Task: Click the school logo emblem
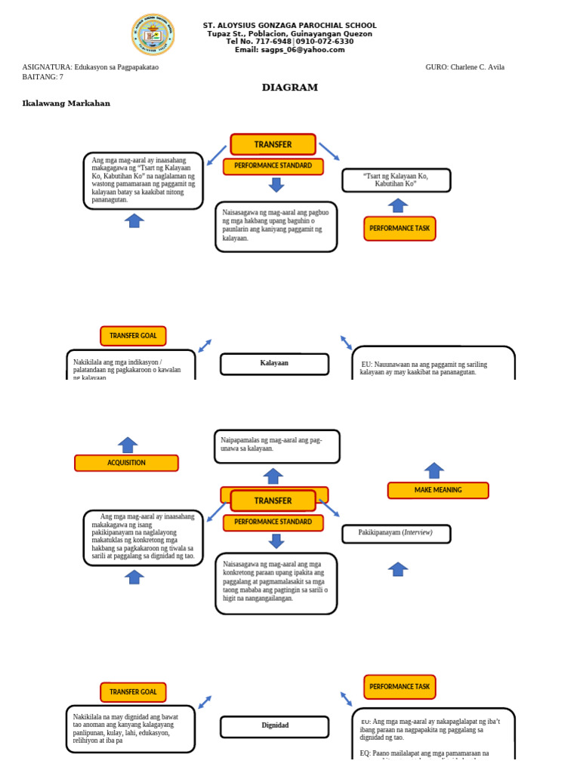click(x=153, y=34)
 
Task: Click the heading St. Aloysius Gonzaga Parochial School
click(x=289, y=26)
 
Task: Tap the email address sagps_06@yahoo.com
click(x=289, y=50)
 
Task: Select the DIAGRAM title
click(x=290, y=88)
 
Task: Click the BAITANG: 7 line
click(x=43, y=77)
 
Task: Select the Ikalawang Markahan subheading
click(x=66, y=103)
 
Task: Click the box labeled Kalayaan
click(x=274, y=364)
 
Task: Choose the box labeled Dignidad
click(x=274, y=726)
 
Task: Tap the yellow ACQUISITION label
click(x=126, y=463)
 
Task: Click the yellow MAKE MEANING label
click(x=438, y=490)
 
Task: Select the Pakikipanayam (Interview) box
click(x=396, y=533)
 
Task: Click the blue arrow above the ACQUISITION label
click(x=128, y=445)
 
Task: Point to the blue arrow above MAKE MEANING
click(x=433, y=470)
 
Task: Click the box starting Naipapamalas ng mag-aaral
click(x=276, y=446)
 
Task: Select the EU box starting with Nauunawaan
click(x=433, y=365)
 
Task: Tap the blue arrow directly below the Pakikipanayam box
click(x=398, y=569)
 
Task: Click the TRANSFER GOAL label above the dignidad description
click(x=133, y=691)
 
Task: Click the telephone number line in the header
click(x=289, y=42)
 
